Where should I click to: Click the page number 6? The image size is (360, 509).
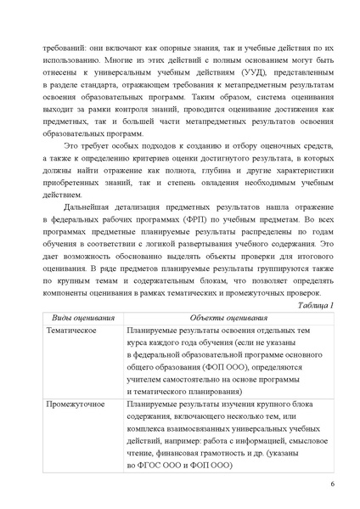coord(332,484)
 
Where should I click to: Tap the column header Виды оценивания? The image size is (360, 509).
coord(79,317)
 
